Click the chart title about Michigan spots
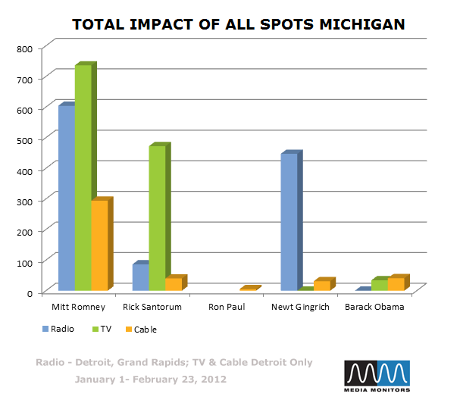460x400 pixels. (238, 24)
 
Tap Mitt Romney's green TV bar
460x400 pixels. (83, 177)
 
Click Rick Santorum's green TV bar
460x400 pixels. (157, 217)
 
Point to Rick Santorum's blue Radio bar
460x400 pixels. (140, 277)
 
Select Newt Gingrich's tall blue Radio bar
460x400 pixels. (289, 222)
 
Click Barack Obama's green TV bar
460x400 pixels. (379, 285)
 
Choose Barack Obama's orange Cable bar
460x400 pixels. (396, 283)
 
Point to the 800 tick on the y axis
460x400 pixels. (24, 48)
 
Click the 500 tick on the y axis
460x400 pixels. (24, 140)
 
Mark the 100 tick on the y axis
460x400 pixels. (24, 261)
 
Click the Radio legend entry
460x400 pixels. (57, 329)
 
